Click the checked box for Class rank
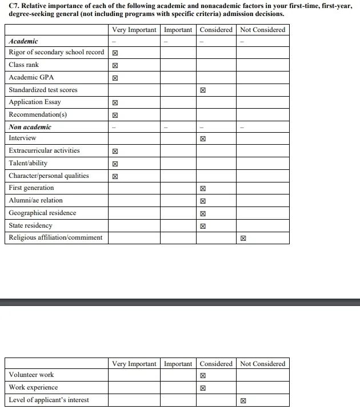115,65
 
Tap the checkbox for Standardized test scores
203,90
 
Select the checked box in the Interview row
203,138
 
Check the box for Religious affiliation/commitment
243,239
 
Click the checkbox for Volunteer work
203,376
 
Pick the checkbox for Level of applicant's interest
243,401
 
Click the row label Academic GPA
31,77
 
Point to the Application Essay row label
35,102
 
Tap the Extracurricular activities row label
44,150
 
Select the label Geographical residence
42,213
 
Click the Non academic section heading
30,127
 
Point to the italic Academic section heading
23,41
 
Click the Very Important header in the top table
134,30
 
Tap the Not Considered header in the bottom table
262,364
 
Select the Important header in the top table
178,30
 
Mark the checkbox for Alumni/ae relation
203,201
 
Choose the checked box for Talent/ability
115,164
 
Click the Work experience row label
33,387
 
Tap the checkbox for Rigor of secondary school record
115,53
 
